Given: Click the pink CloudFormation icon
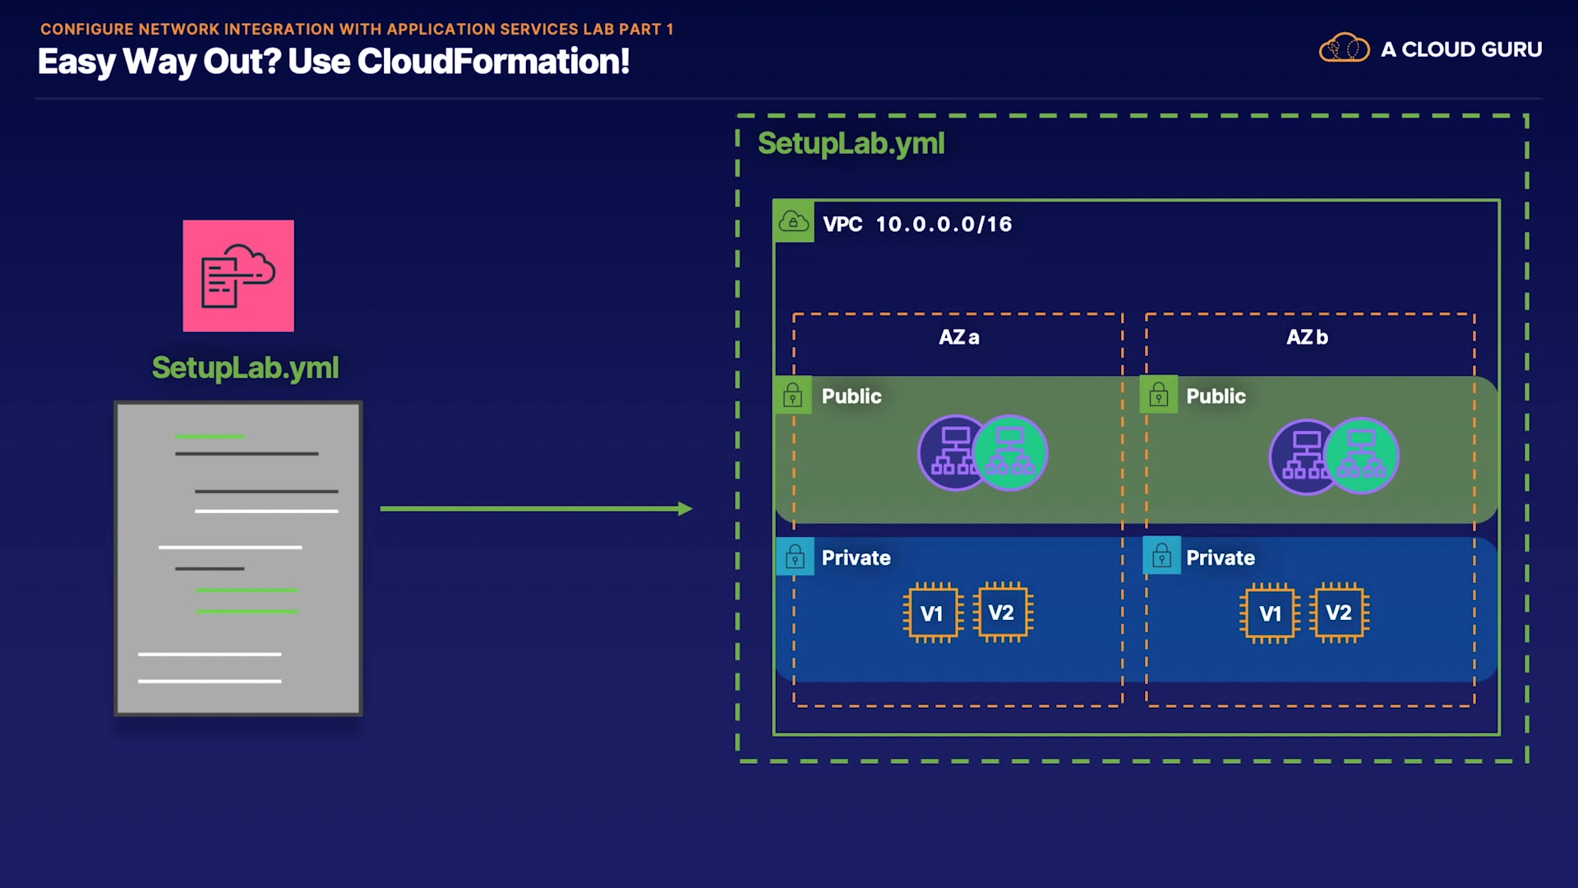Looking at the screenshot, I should tap(238, 275).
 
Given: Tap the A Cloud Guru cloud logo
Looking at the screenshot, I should tap(1344, 49).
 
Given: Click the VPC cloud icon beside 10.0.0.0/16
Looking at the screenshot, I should tap(793, 222).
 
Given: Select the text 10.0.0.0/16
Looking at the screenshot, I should tap(944, 224).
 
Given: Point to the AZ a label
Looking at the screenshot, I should tap(958, 337).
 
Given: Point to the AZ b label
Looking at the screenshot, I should tap(1307, 337).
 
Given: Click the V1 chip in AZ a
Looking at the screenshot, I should tap(932, 613).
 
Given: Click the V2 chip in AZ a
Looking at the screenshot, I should tap(1002, 613).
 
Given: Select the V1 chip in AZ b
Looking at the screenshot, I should tap(1270, 613).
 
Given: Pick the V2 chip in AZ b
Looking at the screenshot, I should tap(1340, 613).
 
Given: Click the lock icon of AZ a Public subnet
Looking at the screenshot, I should tap(793, 396).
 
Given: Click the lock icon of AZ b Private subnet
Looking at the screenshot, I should tap(1161, 557).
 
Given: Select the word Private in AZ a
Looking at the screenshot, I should tap(856, 558).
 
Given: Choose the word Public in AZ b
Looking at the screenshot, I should tap(1216, 396).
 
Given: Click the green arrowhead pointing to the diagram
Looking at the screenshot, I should tap(685, 509).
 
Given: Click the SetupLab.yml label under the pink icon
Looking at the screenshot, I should tap(245, 368).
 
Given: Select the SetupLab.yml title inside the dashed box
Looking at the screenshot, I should tap(851, 144).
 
